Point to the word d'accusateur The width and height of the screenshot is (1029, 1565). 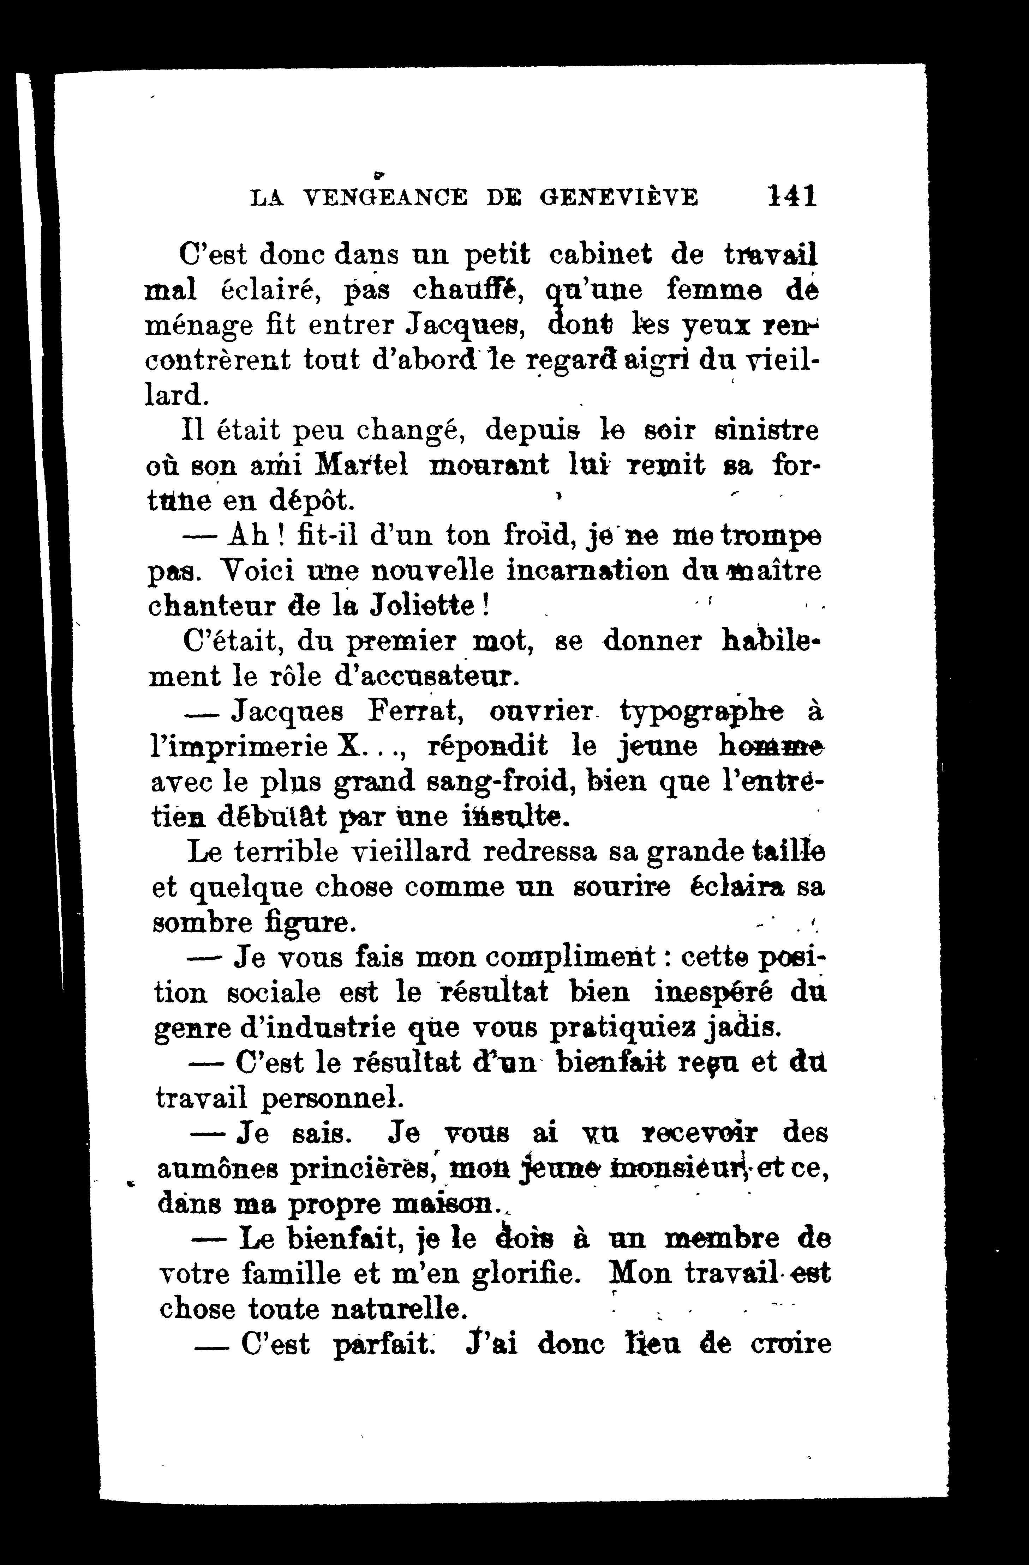(408, 676)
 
